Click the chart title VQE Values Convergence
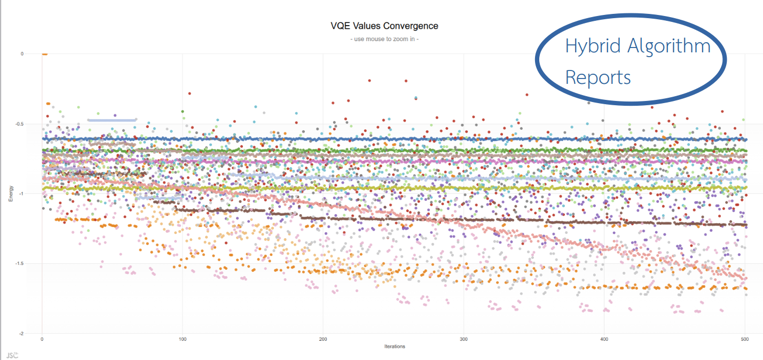coord(384,26)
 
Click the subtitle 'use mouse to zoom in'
coord(384,40)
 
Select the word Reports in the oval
coord(598,78)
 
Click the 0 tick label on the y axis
coord(21,54)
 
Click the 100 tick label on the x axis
coord(183,339)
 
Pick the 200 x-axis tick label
coord(323,339)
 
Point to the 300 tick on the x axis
coord(464,339)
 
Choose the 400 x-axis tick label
coord(604,339)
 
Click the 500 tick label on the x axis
coord(745,339)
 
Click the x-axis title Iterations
coord(395,347)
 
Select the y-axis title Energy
coord(11,193)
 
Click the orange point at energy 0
coord(45,54)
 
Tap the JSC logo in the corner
coord(11,355)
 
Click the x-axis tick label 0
coord(42,339)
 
